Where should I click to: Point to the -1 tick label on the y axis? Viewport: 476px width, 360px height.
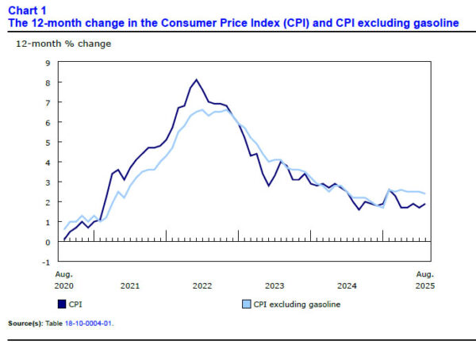coord(48,262)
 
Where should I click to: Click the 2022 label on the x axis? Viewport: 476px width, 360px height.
coord(202,285)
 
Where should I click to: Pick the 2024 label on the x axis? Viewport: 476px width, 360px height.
coord(347,285)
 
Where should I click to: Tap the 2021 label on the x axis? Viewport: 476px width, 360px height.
coord(129,285)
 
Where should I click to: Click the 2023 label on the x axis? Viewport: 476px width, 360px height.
coord(274,285)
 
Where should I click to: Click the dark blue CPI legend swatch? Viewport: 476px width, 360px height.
coord(61,303)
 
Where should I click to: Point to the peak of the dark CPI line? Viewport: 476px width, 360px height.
coord(197,79)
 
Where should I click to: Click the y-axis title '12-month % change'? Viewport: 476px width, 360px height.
coord(63,44)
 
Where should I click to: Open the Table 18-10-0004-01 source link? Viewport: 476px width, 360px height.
coord(88,324)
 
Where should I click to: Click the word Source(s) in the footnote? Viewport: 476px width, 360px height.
coord(24,324)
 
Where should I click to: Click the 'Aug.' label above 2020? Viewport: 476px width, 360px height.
coord(64,274)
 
